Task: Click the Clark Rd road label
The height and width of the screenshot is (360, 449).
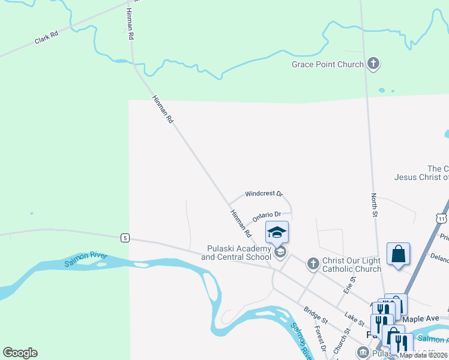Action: [x=46, y=38]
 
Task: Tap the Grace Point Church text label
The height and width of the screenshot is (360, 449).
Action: [x=328, y=64]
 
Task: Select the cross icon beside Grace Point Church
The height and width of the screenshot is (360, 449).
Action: [x=373, y=64]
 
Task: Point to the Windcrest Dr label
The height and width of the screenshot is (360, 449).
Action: [x=264, y=194]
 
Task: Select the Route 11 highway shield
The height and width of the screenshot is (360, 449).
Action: [x=442, y=218]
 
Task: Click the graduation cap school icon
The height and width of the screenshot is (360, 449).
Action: [x=277, y=232]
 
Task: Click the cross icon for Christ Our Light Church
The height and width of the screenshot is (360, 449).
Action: [x=312, y=263]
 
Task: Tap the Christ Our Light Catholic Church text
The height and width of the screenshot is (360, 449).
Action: [x=352, y=265]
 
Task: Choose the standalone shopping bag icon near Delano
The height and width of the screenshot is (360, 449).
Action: [x=398, y=254]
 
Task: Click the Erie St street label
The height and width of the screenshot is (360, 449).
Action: [x=348, y=283]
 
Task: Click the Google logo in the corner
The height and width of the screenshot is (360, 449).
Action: [x=20, y=353]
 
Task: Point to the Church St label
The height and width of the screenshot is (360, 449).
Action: [x=341, y=342]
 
